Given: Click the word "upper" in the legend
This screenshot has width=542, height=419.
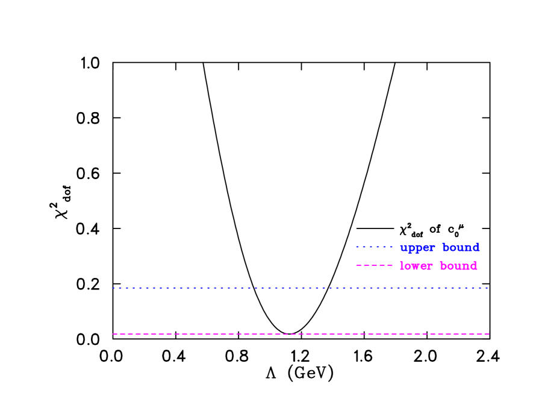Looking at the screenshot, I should click(x=417, y=248).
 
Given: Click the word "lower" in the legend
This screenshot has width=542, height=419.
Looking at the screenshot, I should click(x=416, y=266).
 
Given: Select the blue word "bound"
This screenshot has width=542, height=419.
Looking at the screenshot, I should click(x=461, y=247).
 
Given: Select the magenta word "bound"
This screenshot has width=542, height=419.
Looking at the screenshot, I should click(x=458, y=266).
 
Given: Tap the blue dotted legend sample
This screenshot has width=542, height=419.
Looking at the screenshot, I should click(x=374, y=247).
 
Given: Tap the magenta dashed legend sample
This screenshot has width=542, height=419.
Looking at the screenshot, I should click(x=374, y=265).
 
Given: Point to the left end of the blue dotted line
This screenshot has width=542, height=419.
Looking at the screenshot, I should click(x=113, y=288).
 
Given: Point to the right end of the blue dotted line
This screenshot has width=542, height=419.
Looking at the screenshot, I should click(x=487, y=288).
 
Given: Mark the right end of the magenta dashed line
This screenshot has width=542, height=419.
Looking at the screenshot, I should click(x=488, y=333).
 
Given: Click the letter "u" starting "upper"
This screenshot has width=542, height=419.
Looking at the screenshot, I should click(x=403, y=248).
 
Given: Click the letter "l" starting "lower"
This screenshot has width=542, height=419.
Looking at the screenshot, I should click(x=402, y=266).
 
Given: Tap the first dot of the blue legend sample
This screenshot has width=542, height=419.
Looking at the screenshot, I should click(x=357, y=247).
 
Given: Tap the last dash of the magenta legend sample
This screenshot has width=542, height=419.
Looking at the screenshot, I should click(x=390, y=265).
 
